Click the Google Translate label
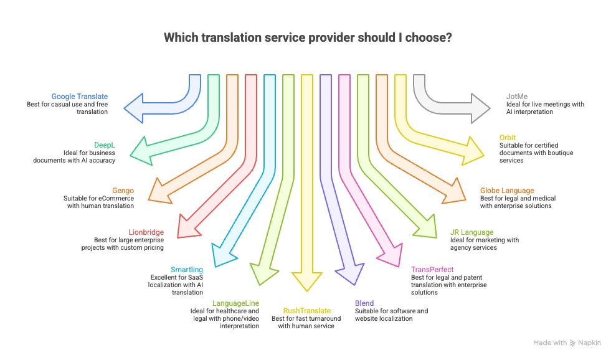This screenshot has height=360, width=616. click(79, 97)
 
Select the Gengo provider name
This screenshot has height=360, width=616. click(123, 191)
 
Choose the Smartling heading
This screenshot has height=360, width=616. click(187, 270)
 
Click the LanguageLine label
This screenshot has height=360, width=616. click(235, 303)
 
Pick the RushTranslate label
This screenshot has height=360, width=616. click(306, 310)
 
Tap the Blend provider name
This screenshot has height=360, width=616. click(364, 303)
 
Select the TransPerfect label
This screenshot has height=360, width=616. click(432, 270)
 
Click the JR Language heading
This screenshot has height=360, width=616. click(471, 232)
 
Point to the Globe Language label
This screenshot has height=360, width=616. click(506, 191)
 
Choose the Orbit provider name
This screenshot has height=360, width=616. click(507, 138)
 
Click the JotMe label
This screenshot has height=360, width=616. click(517, 97)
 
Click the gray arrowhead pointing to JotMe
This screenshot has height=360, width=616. click(480, 108)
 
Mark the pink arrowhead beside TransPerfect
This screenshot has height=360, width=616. click(392, 257)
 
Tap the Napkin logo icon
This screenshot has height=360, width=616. click(572, 343)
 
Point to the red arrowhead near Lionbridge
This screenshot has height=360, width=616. click(186, 227)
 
